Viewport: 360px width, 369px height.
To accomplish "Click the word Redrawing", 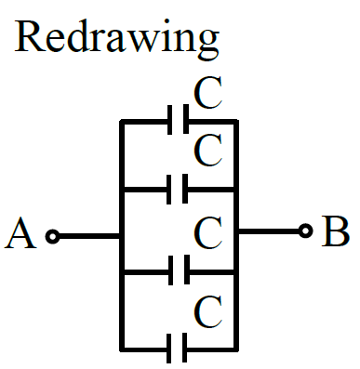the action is tap(117, 39).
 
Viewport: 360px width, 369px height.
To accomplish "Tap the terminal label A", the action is tap(20, 233).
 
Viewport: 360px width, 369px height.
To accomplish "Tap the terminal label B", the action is tap(336, 231).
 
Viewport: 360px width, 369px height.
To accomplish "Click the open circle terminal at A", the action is tap(52, 237).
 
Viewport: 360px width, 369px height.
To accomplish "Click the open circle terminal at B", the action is tap(306, 231).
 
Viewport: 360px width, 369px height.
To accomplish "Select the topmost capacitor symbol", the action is tap(178, 120).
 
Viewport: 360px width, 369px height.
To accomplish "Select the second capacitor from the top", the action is tap(177, 190).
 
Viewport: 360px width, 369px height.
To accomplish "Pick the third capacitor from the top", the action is tap(179, 270).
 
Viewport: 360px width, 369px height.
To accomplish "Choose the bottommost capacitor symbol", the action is tap(177, 348).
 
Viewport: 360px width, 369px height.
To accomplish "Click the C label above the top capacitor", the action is tap(208, 93).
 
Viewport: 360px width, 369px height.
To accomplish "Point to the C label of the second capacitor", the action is tap(208, 151).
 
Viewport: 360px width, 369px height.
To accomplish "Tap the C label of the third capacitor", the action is tap(208, 233).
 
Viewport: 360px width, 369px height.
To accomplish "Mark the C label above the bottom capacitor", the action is tap(208, 311).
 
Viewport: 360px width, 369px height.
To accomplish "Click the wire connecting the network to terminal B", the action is tap(269, 231).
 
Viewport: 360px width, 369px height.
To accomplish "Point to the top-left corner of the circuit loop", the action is tap(122, 122).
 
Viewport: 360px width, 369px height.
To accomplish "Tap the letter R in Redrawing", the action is tap(29, 36).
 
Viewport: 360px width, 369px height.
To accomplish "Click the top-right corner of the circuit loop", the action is tap(236, 122).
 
